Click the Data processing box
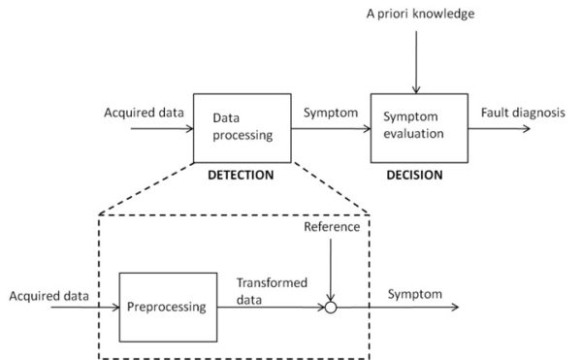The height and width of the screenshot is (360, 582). coord(242,127)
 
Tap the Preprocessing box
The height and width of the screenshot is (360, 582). coord(167,307)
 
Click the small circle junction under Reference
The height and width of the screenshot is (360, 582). coord(331,307)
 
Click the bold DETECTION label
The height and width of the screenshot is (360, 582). coord(242,176)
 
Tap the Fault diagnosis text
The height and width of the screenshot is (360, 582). coord(522,112)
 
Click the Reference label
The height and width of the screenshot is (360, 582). coord(331,227)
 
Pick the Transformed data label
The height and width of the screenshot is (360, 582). coord(272,292)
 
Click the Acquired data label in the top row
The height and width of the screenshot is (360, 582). coord(144,112)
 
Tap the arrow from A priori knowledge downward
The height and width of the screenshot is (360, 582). coord(415,58)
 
